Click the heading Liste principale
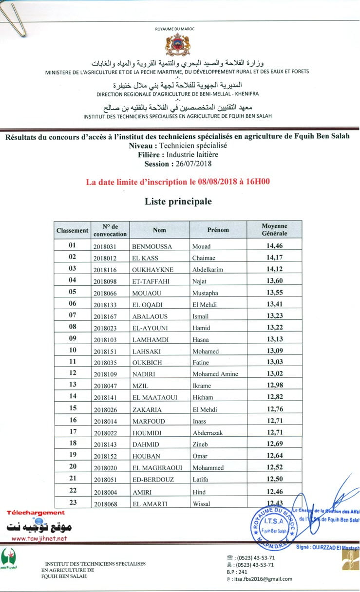pos(178,201)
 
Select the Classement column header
pos(72,230)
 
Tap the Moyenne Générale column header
pos(274,230)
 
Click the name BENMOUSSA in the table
pos(152,247)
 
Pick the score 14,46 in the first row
pos(274,246)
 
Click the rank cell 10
pos(73,350)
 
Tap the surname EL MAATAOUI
pos(154,398)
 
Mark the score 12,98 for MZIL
pos(274,385)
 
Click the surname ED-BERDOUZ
pos(152,480)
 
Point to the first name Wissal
pos(201,504)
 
